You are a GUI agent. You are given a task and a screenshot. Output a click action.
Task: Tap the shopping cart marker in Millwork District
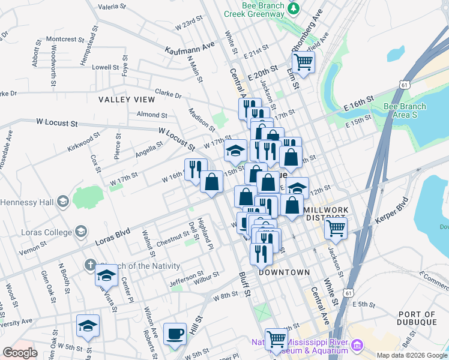point(336,227)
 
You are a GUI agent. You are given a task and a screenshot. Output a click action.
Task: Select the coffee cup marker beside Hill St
point(175,333)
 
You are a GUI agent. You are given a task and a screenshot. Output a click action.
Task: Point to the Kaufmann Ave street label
point(190,46)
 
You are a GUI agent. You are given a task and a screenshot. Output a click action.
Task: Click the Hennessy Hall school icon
point(62,202)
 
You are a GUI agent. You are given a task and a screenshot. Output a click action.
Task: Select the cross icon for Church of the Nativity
point(89,265)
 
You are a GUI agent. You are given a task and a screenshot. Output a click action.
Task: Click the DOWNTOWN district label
point(285,272)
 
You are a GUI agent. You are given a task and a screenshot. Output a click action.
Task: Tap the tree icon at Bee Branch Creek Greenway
point(294,8)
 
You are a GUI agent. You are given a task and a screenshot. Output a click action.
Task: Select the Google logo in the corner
point(20,353)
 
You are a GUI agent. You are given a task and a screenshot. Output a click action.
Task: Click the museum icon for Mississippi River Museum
point(358,345)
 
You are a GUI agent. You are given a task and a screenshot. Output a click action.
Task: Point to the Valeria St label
point(112,7)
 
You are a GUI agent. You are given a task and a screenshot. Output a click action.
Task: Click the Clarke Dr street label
point(168,95)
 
